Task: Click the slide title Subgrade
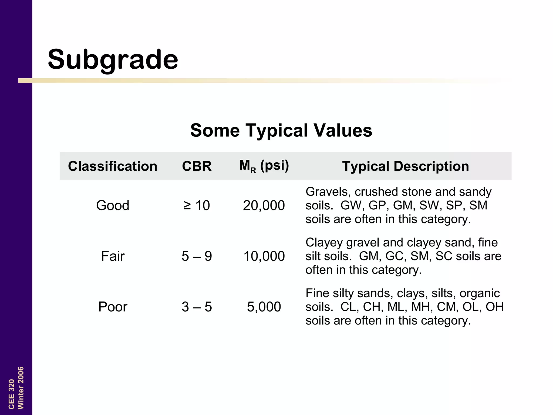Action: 113,59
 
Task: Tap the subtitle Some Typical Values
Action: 281,130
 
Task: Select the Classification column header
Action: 113,166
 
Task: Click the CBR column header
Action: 197,166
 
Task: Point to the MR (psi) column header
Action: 264,166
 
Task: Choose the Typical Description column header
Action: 406,166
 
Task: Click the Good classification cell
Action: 113,205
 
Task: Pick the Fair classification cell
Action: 113,256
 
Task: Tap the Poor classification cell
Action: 113,307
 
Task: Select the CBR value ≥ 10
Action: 197,205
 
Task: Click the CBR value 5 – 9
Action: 197,256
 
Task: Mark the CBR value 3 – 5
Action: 197,307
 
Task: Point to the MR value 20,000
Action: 264,205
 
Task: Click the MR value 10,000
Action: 264,256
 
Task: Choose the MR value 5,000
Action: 264,307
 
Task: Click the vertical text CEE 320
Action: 11,394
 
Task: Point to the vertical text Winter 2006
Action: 21,388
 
